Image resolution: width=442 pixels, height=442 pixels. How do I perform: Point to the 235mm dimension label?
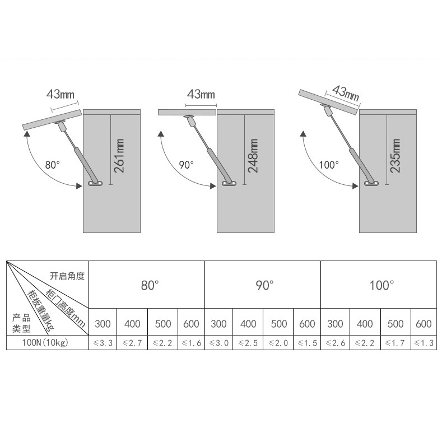[395, 156]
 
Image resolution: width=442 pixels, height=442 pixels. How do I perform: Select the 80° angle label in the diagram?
[52, 165]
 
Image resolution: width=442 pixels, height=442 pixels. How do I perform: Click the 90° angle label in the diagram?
[187, 165]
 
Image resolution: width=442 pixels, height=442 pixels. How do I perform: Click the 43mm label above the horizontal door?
[201, 93]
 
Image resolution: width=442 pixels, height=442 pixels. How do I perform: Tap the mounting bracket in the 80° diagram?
[96, 184]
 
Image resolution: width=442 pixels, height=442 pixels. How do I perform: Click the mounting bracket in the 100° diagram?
[372, 183]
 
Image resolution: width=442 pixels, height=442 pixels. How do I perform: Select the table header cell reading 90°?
[263, 285]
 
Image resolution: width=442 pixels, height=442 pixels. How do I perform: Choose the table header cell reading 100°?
[381, 285]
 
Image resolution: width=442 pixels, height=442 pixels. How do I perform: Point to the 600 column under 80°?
[191, 324]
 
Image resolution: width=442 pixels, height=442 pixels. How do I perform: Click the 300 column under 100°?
[335, 324]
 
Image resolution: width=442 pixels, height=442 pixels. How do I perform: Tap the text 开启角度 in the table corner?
[67, 276]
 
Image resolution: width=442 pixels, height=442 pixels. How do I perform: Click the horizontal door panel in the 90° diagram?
[187, 112]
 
